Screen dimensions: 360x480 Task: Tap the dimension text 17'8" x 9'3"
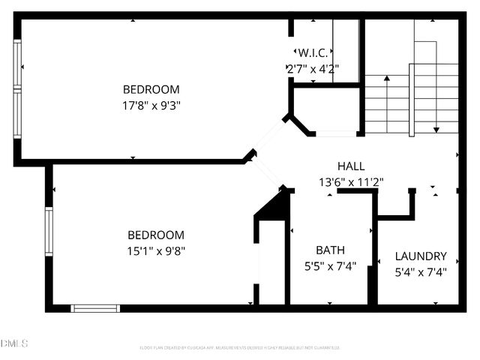[x=152, y=105]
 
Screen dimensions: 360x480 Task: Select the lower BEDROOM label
[x=155, y=235]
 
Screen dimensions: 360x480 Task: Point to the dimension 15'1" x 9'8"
[x=155, y=250]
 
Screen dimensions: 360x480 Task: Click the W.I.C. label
[x=313, y=53]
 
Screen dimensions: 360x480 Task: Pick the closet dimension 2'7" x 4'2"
[x=313, y=68]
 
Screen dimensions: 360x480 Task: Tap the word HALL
[x=352, y=166]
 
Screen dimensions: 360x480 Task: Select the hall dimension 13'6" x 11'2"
[x=352, y=181]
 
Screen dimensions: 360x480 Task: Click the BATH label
[x=330, y=250]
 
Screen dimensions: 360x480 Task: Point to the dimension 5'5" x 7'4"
[x=330, y=265]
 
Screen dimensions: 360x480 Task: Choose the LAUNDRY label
[x=421, y=256]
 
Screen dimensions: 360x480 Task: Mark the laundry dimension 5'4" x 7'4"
[x=421, y=271]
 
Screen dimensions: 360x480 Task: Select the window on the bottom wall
[x=95, y=307]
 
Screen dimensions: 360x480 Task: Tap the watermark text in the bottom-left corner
[x=14, y=343]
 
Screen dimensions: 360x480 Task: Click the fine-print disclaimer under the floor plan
[x=240, y=347]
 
